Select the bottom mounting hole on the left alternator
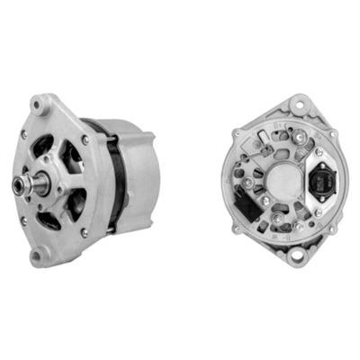(x=38, y=257)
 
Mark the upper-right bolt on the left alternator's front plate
(x=85, y=140)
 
